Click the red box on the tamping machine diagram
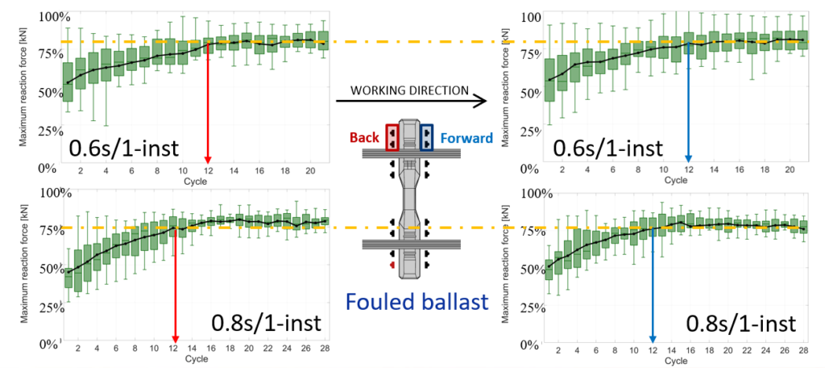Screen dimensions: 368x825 392,137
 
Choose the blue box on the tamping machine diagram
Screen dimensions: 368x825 426,137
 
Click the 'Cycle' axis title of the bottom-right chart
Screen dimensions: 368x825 675,361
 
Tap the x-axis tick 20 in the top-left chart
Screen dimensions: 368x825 311,172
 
